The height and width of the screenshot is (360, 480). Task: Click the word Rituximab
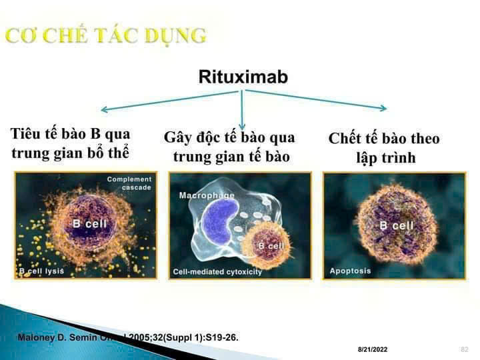(243, 77)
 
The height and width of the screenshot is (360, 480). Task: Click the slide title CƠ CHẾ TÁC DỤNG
(105, 35)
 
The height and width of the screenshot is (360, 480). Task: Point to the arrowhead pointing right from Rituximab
(382, 108)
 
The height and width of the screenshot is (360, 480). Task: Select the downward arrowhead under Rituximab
(243, 126)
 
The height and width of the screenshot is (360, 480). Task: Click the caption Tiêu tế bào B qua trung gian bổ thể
(70, 143)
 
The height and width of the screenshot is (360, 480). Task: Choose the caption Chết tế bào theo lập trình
(384, 148)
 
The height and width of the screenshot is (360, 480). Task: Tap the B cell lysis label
(41, 271)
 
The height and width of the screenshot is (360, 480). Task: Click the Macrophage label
(207, 195)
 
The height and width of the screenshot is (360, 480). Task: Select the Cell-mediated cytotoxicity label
(217, 272)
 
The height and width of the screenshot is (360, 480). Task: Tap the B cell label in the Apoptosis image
(397, 225)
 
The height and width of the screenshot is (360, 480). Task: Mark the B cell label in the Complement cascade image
(89, 224)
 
